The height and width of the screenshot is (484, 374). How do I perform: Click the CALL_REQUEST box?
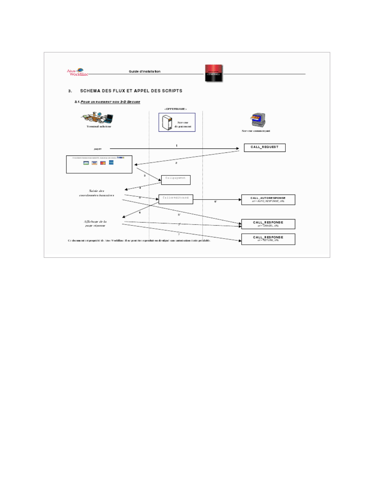click(x=265, y=148)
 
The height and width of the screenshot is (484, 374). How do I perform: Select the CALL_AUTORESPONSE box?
click(x=268, y=200)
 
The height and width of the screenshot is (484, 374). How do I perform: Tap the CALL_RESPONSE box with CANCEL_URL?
click(x=268, y=224)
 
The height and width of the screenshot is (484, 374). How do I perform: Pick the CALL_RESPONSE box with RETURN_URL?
click(x=268, y=239)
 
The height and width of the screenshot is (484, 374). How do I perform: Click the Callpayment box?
click(x=176, y=180)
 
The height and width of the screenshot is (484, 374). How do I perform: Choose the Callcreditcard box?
click(x=176, y=199)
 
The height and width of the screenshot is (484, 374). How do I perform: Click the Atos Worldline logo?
click(x=77, y=72)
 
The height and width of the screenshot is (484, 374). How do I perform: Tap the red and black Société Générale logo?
click(x=214, y=73)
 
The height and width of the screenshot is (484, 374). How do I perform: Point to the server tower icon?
click(x=167, y=123)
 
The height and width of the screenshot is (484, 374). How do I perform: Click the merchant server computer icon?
click(x=258, y=120)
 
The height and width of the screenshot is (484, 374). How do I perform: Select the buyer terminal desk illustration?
click(x=97, y=118)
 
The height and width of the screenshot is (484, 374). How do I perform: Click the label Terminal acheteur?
click(x=99, y=127)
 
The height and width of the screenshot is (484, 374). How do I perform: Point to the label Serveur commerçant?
click(x=256, y=131)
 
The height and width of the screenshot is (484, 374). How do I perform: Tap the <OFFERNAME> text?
click(x=175, y=109)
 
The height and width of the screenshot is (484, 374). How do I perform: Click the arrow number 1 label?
click(x=177, y=146)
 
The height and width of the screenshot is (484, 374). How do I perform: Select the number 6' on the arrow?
click(x=216, y=202)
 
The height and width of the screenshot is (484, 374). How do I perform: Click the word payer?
click(x=98, y=149)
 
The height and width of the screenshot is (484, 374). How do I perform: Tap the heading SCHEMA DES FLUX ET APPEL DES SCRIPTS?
click(x=131, y=91)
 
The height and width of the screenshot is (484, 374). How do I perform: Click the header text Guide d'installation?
click(x=145, y=71)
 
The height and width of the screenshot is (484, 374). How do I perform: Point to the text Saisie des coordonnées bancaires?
click(x=97, y=193)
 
